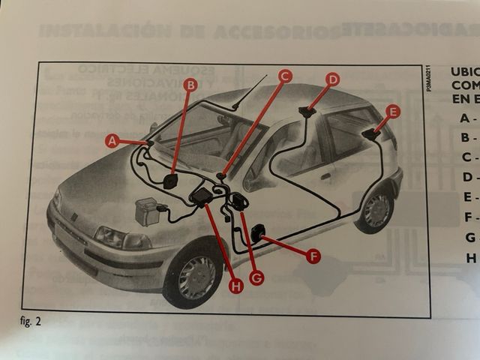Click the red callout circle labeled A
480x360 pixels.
(112, 139)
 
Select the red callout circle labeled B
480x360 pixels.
(190, 85)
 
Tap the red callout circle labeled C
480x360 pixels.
(284, 75)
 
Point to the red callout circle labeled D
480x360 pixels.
(332, 79)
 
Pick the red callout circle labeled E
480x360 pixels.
(392, 112)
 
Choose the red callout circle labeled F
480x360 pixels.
(313, 256)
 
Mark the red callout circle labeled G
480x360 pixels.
(256, 277)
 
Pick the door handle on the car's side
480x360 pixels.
(326, 177)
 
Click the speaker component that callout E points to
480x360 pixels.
(370, 135)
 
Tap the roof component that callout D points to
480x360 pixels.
(307, 112)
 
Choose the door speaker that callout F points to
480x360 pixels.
(257, 233)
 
